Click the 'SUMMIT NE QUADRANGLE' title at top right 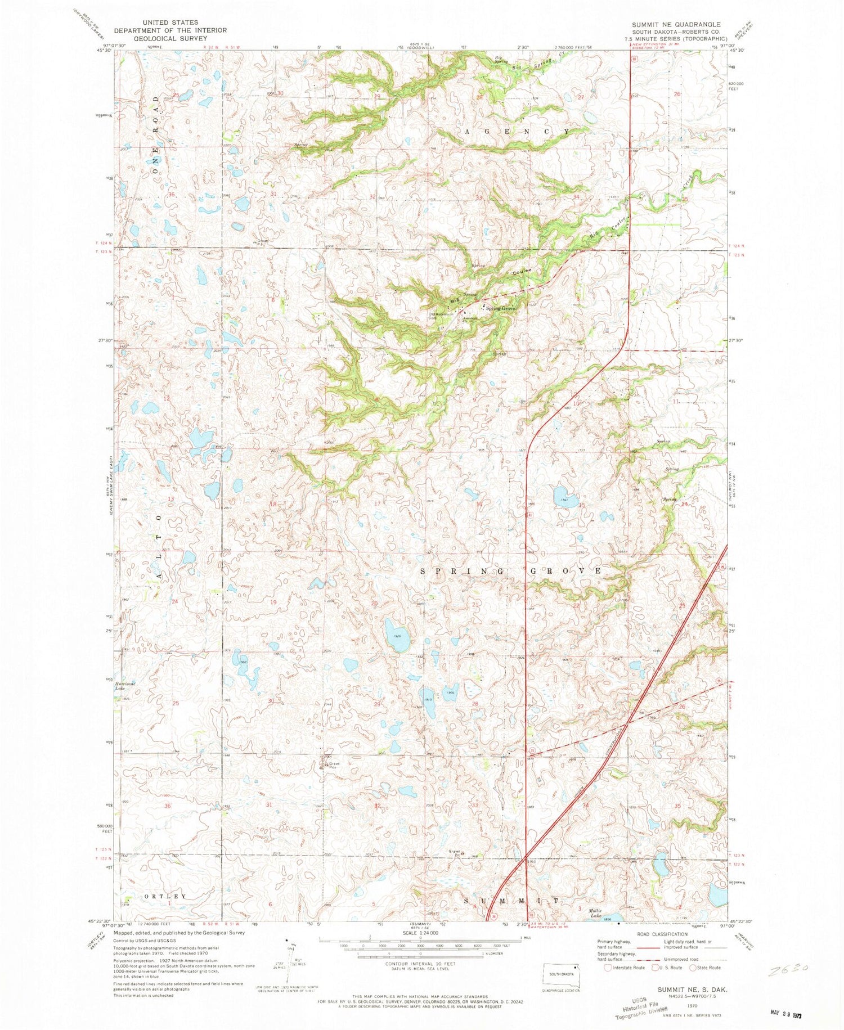click(x=675, y=24)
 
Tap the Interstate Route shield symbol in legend click(x=607, y=968)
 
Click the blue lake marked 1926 click(x=397, y=636)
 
